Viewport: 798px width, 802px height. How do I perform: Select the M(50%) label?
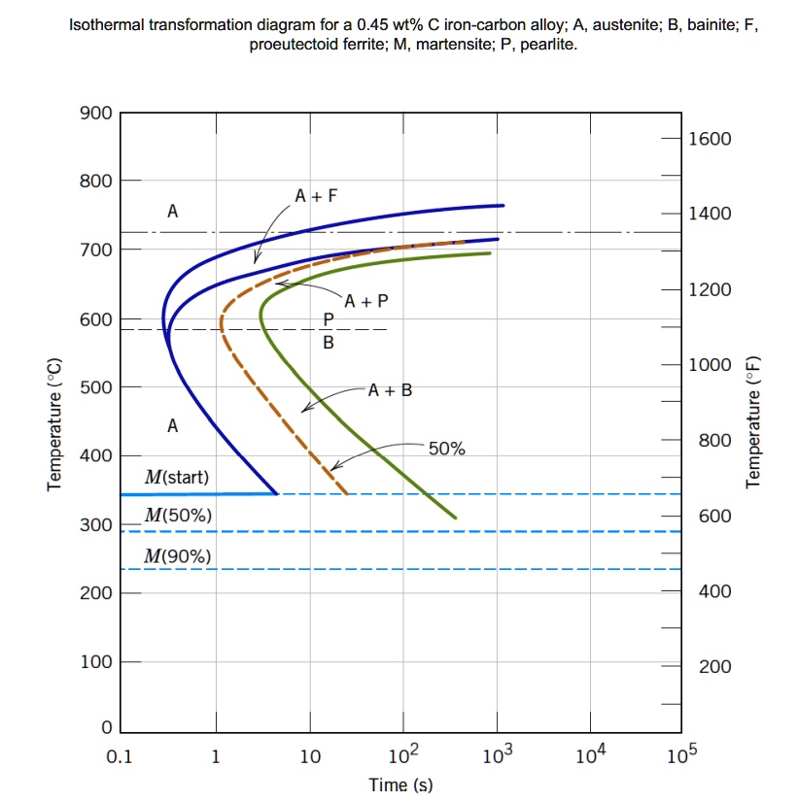pos(176,516)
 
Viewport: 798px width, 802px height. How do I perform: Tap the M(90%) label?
pos(176,556)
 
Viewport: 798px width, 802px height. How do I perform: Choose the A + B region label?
pos(390,390)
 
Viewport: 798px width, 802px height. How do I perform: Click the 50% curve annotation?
pos(447,449)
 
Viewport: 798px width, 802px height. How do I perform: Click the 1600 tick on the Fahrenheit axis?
pos(709,139)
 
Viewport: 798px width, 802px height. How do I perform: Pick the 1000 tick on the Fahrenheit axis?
pos(709,365)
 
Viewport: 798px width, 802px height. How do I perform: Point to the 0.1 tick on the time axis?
pos(118,757)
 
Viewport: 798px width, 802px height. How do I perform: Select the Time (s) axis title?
pos(400,785)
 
